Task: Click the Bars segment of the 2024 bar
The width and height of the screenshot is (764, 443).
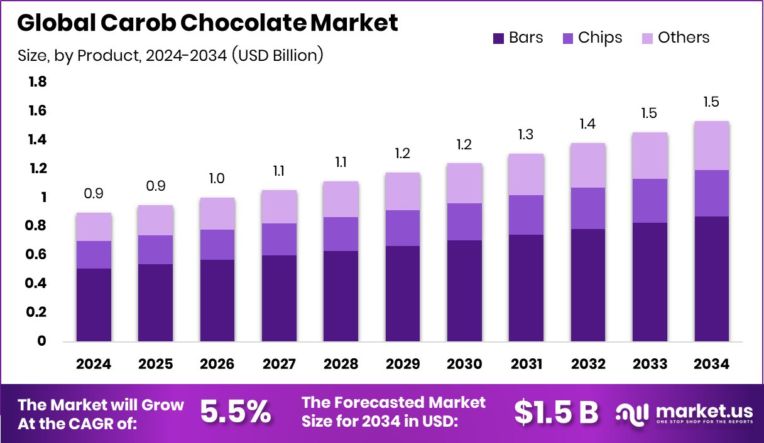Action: click(94, 305)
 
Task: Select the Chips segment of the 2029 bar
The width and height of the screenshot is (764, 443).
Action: click(403, 228)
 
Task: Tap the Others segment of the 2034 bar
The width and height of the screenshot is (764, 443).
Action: click(712, 146)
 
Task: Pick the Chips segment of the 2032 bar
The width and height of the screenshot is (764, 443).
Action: click(588, 208)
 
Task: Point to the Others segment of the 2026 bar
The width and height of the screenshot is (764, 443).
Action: click(217, 213)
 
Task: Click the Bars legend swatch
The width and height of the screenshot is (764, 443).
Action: click(499, 38)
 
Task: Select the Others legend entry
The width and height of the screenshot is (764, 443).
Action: click(675, 38)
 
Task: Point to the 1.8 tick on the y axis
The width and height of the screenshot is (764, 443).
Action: click(38, 82)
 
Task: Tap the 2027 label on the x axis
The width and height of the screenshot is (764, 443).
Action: click(279, 365)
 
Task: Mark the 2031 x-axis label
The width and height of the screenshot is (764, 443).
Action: click(527, 365)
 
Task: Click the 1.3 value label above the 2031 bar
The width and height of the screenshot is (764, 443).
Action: click(527, 134)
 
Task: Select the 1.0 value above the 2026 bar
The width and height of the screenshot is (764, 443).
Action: click(217, 178)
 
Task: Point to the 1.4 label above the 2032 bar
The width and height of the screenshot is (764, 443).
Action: click(588, 124)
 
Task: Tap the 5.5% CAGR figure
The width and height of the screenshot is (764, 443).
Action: click(236, 412)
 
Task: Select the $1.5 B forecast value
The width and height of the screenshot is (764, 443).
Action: click(556, 412)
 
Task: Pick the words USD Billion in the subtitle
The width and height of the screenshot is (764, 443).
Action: click(277, 55)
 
